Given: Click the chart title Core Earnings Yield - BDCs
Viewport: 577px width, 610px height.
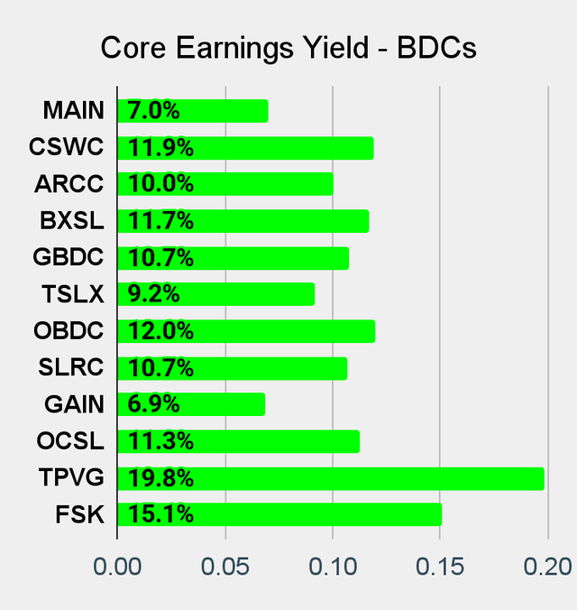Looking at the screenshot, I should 288,48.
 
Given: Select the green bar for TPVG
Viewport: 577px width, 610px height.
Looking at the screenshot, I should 331,478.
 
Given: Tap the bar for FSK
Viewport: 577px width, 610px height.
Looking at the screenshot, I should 279,514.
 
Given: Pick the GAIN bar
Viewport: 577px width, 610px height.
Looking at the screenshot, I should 191,404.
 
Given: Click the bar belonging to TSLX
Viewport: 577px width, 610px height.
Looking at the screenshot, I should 216,294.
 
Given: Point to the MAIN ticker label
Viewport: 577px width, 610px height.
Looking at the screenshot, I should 74,111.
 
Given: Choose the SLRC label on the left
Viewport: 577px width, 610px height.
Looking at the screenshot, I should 72,368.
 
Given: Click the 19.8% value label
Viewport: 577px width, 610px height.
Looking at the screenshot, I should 161,478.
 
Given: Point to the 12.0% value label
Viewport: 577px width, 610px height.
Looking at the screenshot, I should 161,331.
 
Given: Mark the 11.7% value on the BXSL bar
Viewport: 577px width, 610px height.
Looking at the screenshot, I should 161,221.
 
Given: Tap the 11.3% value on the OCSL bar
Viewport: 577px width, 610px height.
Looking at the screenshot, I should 161,441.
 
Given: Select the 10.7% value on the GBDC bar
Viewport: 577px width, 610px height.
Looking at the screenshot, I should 161,258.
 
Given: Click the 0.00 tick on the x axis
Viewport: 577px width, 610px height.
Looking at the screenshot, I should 117,567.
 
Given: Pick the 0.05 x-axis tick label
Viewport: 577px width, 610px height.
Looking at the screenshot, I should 224,567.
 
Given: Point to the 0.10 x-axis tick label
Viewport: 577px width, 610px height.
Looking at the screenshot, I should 333,567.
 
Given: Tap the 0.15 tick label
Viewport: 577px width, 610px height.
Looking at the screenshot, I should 440,567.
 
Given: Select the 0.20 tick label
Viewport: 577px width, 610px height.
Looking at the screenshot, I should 546,567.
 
